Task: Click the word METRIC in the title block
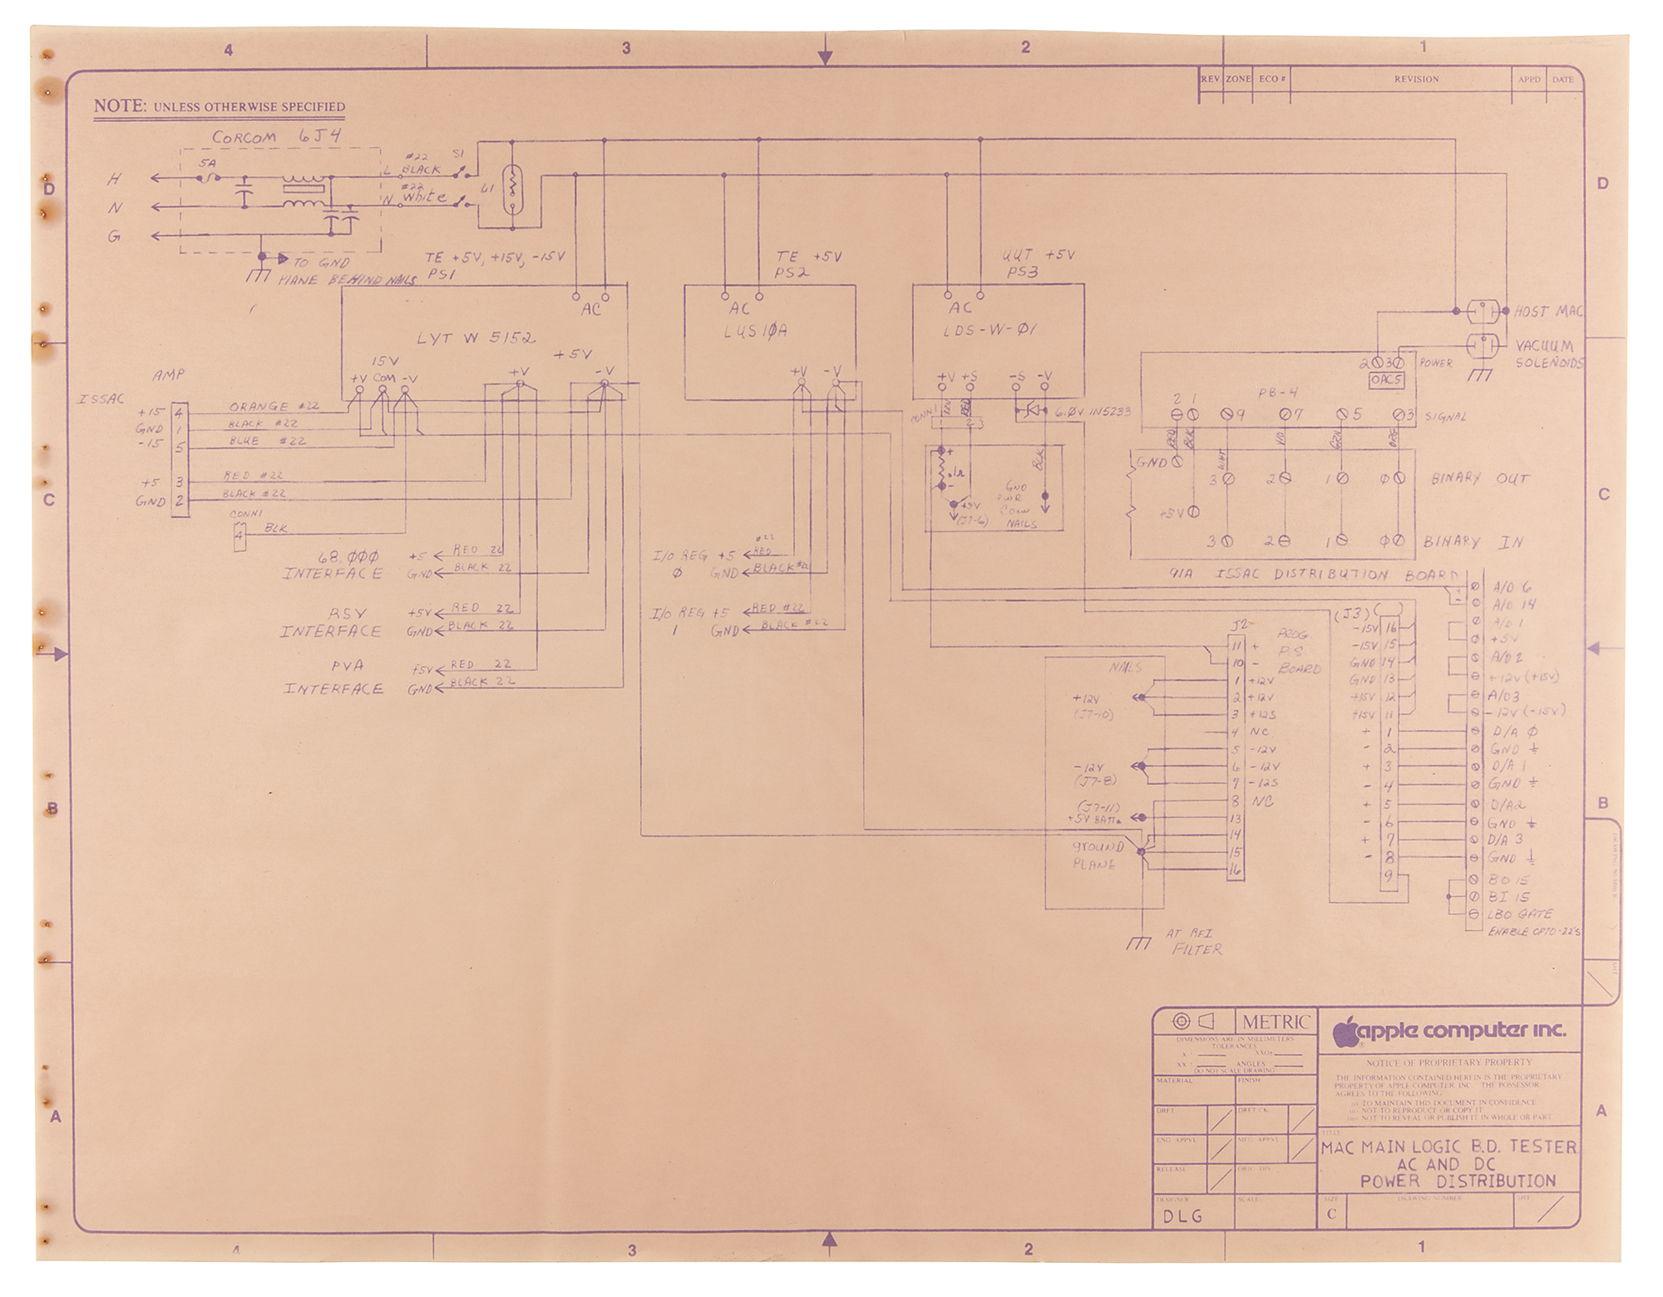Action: [x=1276, y=1022]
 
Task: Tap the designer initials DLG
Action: [x=1183, y=1216]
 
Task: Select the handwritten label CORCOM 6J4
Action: [x=276, y=137]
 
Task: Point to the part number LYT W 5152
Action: [x=476, y=338]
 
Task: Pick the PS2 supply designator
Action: [x=792, y=273]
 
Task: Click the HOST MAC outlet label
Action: [x=1548, y=312]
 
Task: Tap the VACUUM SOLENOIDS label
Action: [x=1549, y=354]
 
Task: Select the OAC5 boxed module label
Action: [x=1386, y=380]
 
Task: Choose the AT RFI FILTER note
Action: [x=1193, y=942]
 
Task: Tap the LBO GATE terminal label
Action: [x=1520, y=914]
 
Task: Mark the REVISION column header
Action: [x=1416, y=80]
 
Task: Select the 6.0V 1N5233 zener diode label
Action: [x=1093, y=412]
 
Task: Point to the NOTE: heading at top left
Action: [x=120, y=106]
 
